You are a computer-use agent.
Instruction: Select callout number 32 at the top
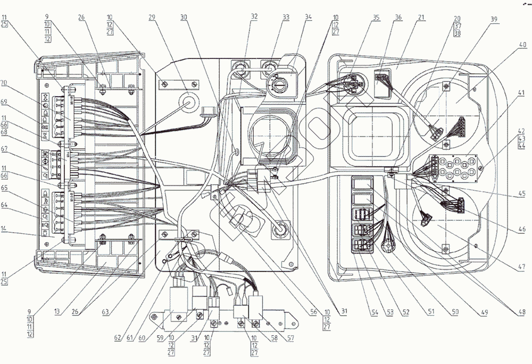254,16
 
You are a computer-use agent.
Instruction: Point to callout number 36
398,17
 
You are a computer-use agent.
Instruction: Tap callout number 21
422,17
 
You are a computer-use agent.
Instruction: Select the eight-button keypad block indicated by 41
454,166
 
